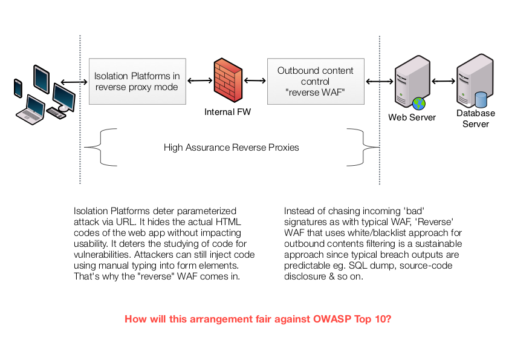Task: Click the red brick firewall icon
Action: (x=228, y=80)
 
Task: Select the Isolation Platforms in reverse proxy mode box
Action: (x=137, y=82)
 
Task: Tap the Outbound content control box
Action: (x=315, y=82)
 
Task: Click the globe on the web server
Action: (x=418, y=103)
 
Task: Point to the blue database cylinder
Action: (x=481, y=99)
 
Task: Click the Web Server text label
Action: (x=412, y=117)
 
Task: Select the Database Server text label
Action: (x=475, y=119)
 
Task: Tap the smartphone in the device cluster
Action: (x=18, y=88)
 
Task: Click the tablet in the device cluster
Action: (x=41, y=79)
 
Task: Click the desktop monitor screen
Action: (x=63, y=96)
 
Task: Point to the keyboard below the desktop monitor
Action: (x=56, y=113)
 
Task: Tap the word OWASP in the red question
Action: (x=332, y=318)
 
